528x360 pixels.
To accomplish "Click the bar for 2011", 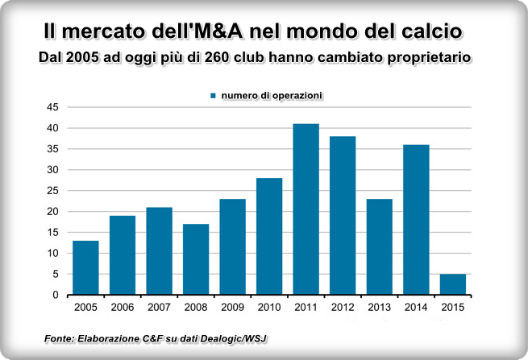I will [306, 209].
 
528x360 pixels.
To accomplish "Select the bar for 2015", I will [452, 284].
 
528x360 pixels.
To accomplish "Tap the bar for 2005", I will [85, 267].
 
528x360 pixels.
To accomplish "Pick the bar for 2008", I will [196, 259].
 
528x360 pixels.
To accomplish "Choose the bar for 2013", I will [379, 246].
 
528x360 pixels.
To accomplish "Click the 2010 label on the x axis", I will [269, 307].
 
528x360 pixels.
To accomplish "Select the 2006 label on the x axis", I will [123, 307].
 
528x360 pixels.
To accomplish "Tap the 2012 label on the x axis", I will [343, 307].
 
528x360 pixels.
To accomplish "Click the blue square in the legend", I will [214, 95].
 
